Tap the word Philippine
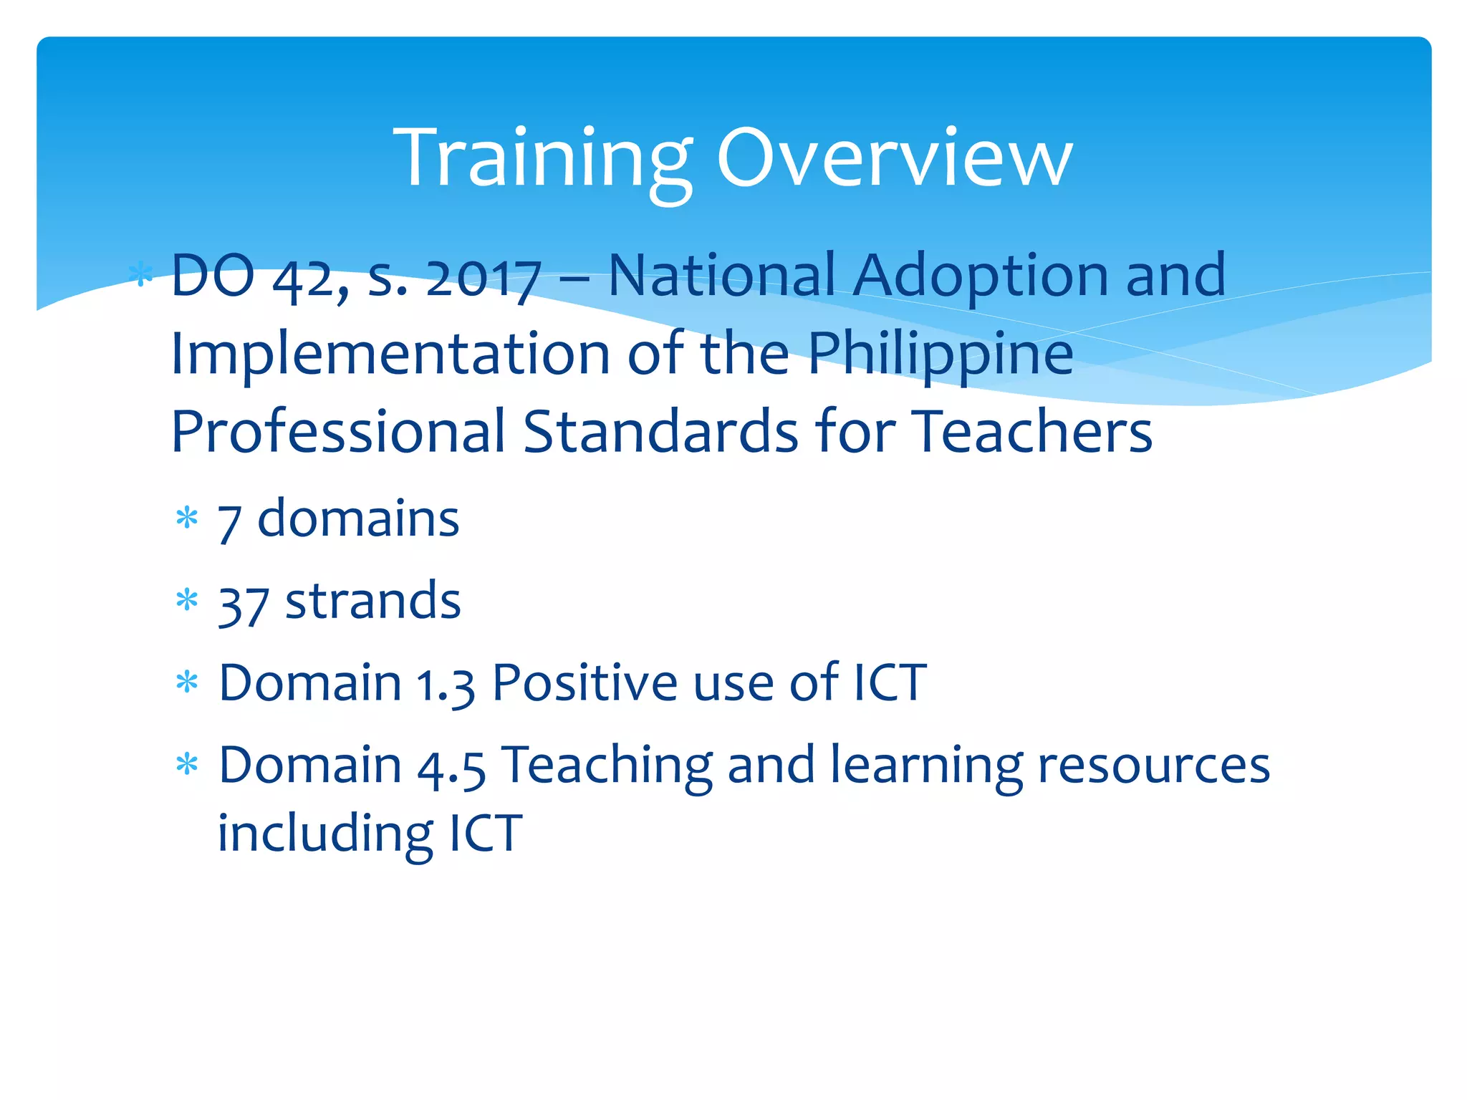tap(941, 355)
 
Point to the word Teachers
tap(1031, 432)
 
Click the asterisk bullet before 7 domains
tap(187, 518)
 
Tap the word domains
tap(358, 519)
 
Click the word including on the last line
tap(324, 834)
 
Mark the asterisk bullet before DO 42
tap(141, 275)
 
